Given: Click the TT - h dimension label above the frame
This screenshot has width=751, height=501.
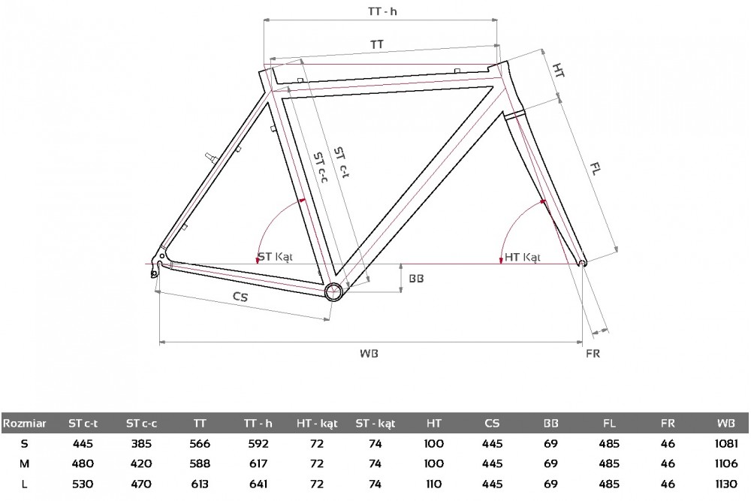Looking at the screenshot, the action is coord(382,11).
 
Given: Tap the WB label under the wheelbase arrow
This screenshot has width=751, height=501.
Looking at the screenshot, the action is coord(369,354).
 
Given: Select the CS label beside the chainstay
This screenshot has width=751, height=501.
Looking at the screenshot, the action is coord(240,297).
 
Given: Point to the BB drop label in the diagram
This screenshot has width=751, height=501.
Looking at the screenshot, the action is coord(416,278).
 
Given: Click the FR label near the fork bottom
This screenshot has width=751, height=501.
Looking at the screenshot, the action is coord(593,354).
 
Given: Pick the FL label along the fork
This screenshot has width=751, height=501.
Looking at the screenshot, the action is coord(595,168).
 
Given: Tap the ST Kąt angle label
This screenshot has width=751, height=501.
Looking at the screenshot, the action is coord(275,257).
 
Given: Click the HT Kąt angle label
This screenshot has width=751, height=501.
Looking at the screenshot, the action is coord(522,257).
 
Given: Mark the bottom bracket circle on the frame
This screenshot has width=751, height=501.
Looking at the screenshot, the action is coord(333,291).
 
